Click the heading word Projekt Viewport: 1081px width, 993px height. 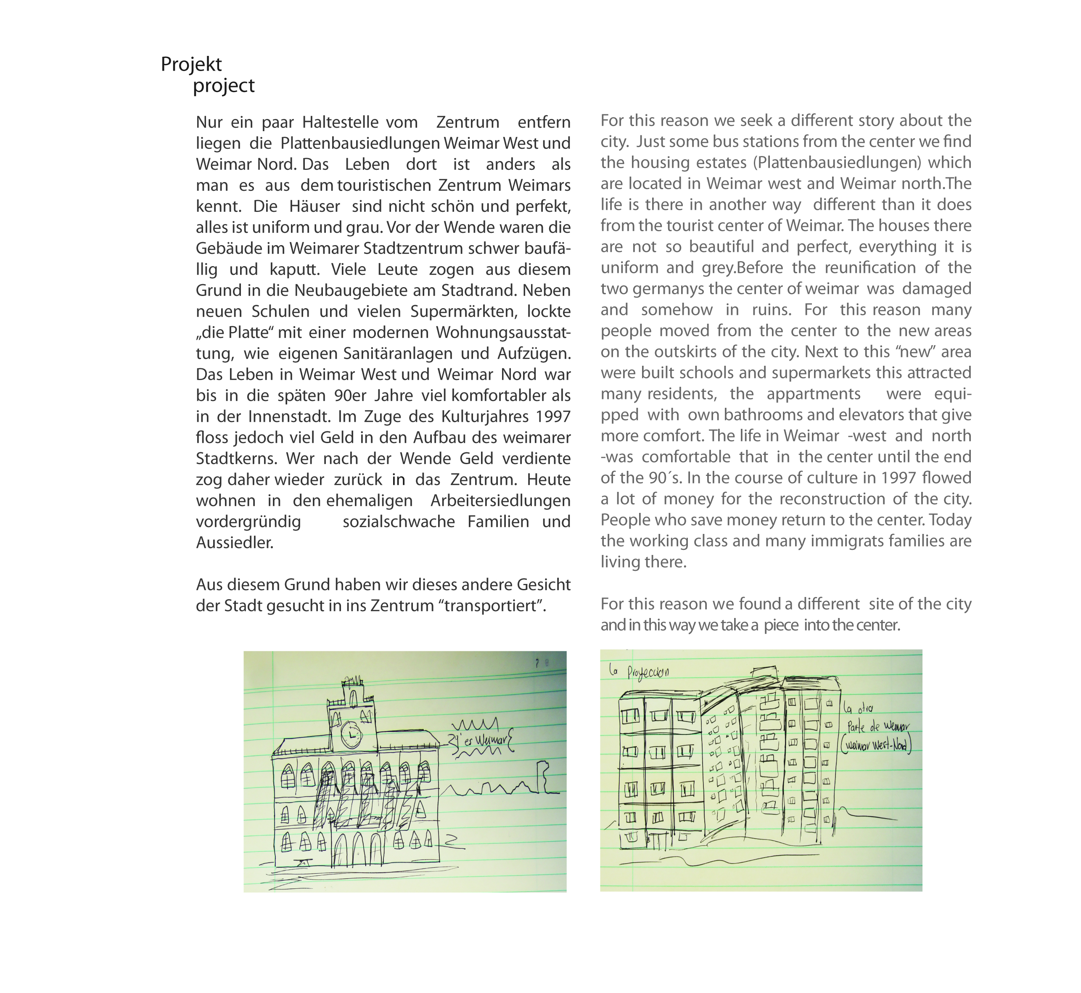(x=191, y=64)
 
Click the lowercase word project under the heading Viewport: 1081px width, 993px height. (x=224, y=86)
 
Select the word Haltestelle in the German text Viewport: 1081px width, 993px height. (x=340, y=122)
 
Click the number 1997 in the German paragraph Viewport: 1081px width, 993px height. (x=552, y=417)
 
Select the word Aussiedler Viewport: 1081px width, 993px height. (x=234, y=543)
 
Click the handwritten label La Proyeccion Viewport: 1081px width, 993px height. (x=640, y=672)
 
